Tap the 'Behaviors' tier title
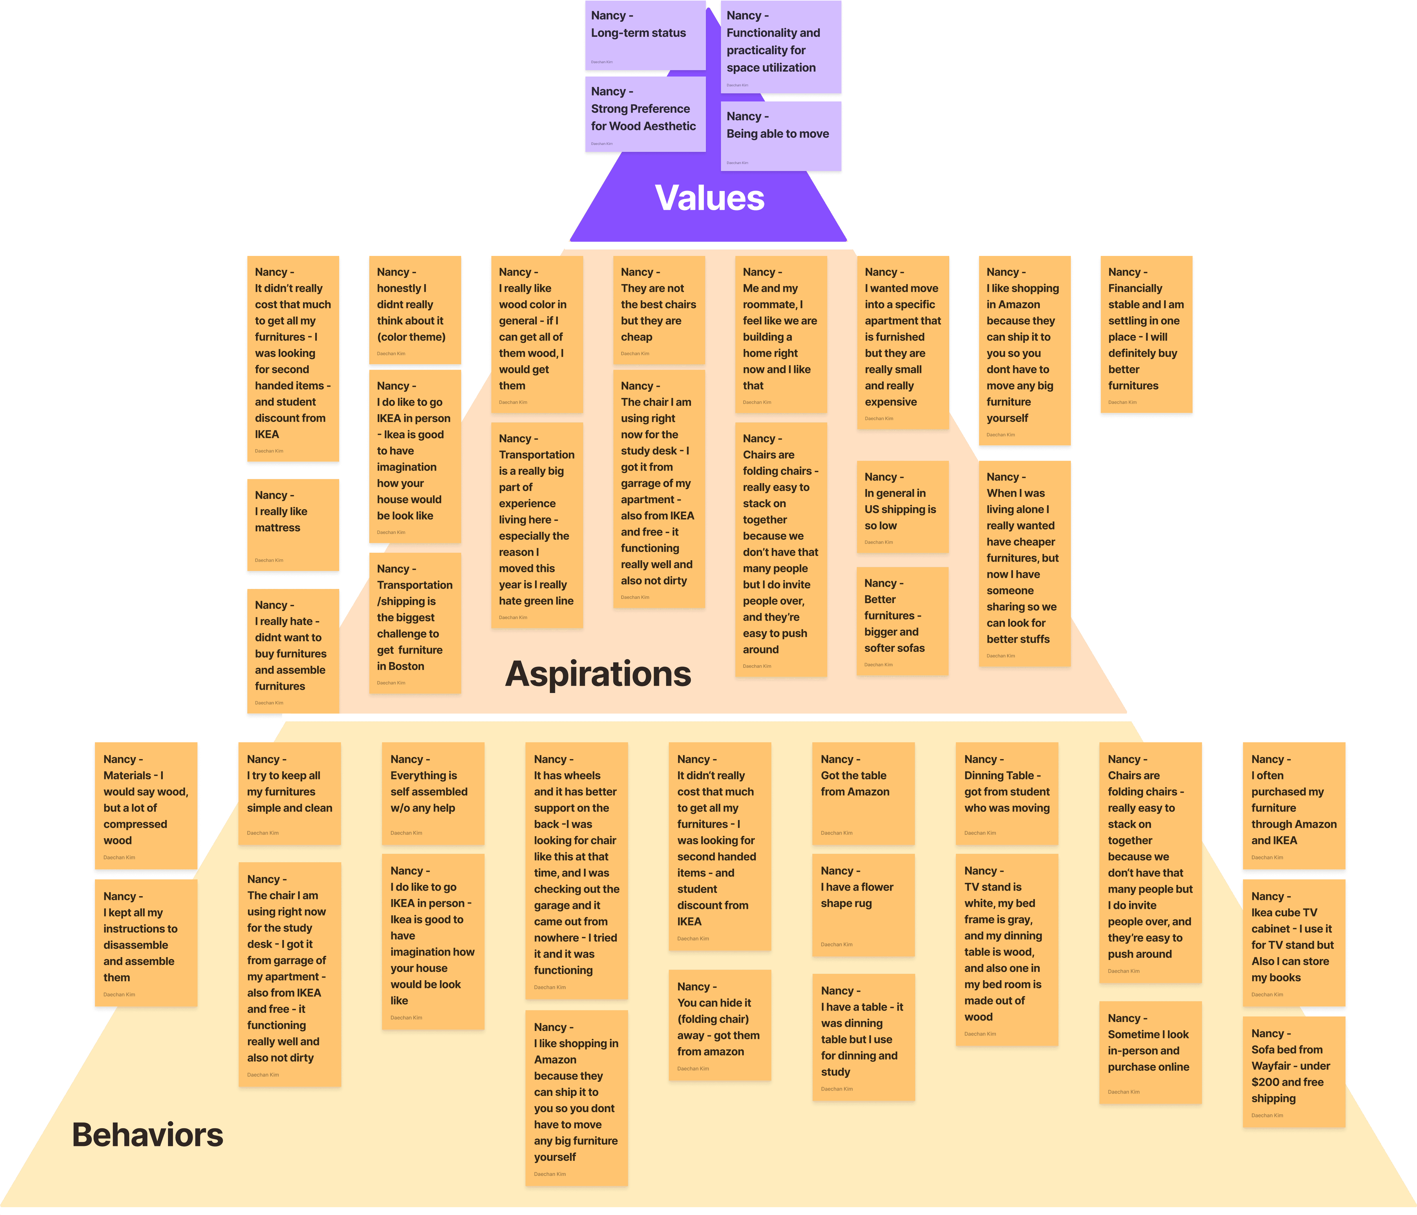tap(148, 1135)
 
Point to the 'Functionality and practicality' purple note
tap(780, 47)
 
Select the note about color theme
tap(414, 310)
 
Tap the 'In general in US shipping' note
tap(902, 506)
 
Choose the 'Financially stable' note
tap(1146, 334)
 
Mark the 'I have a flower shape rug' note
tap(863, 904)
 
